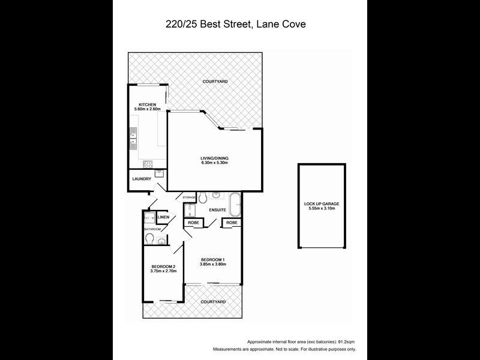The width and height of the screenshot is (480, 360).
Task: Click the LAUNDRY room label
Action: pyautogui.click(x=141, y=179)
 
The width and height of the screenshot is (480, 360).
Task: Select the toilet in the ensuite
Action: pyautogui.click(x=203, y=197)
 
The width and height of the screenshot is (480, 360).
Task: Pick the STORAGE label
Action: pyautogui.click(x=189, y=197)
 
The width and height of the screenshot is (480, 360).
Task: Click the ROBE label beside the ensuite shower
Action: pyautogui.click(x=193, y=223)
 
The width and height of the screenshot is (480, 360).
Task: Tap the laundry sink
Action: pyautogui.click(x=159, y=173)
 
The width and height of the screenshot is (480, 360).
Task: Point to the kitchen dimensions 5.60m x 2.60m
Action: pyautogui.click(x=148, y=109)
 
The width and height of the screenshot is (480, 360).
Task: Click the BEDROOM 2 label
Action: pyautogui.click(x=163, y=266)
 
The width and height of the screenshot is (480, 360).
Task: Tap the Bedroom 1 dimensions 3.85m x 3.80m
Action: pyautogui.click(x=215, y=264)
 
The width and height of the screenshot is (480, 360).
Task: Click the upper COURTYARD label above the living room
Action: pyautogui.click(x=215, y=81)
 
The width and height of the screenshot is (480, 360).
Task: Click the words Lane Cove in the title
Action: pyautogui.click(x=289, y=25)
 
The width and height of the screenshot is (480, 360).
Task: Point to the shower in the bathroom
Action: pyautogui.click(x=149, y=218)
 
